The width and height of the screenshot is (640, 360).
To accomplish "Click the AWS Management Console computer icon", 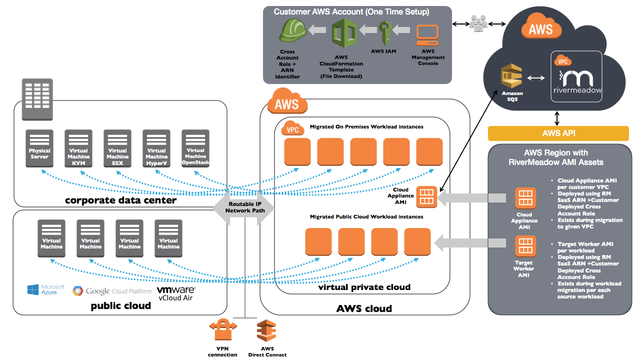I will point(427,34).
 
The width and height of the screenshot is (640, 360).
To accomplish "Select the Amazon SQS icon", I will point(512,78).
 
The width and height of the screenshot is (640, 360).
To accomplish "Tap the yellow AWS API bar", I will point(558,133).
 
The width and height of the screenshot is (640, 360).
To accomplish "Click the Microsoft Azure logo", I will point(46,289).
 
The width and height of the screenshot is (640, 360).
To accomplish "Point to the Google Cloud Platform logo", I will point(112,291).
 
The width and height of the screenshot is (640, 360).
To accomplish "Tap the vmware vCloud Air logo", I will point(175,293).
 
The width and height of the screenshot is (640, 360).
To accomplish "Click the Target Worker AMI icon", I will point(525,246).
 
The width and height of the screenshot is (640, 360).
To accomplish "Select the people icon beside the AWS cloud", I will point(477,23).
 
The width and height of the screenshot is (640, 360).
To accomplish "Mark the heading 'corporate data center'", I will point(120,200).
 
